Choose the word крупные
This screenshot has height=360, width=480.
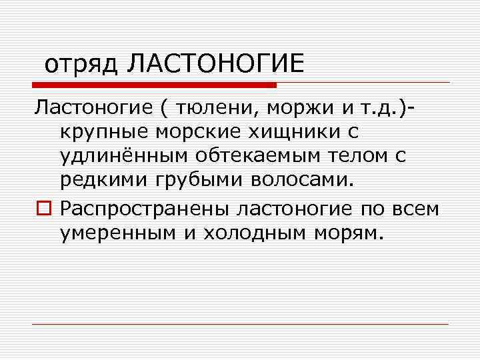[x=104, y=132]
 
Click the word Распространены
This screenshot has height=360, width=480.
[x=145, y=209]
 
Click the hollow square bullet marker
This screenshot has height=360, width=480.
[x=43, y=209]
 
